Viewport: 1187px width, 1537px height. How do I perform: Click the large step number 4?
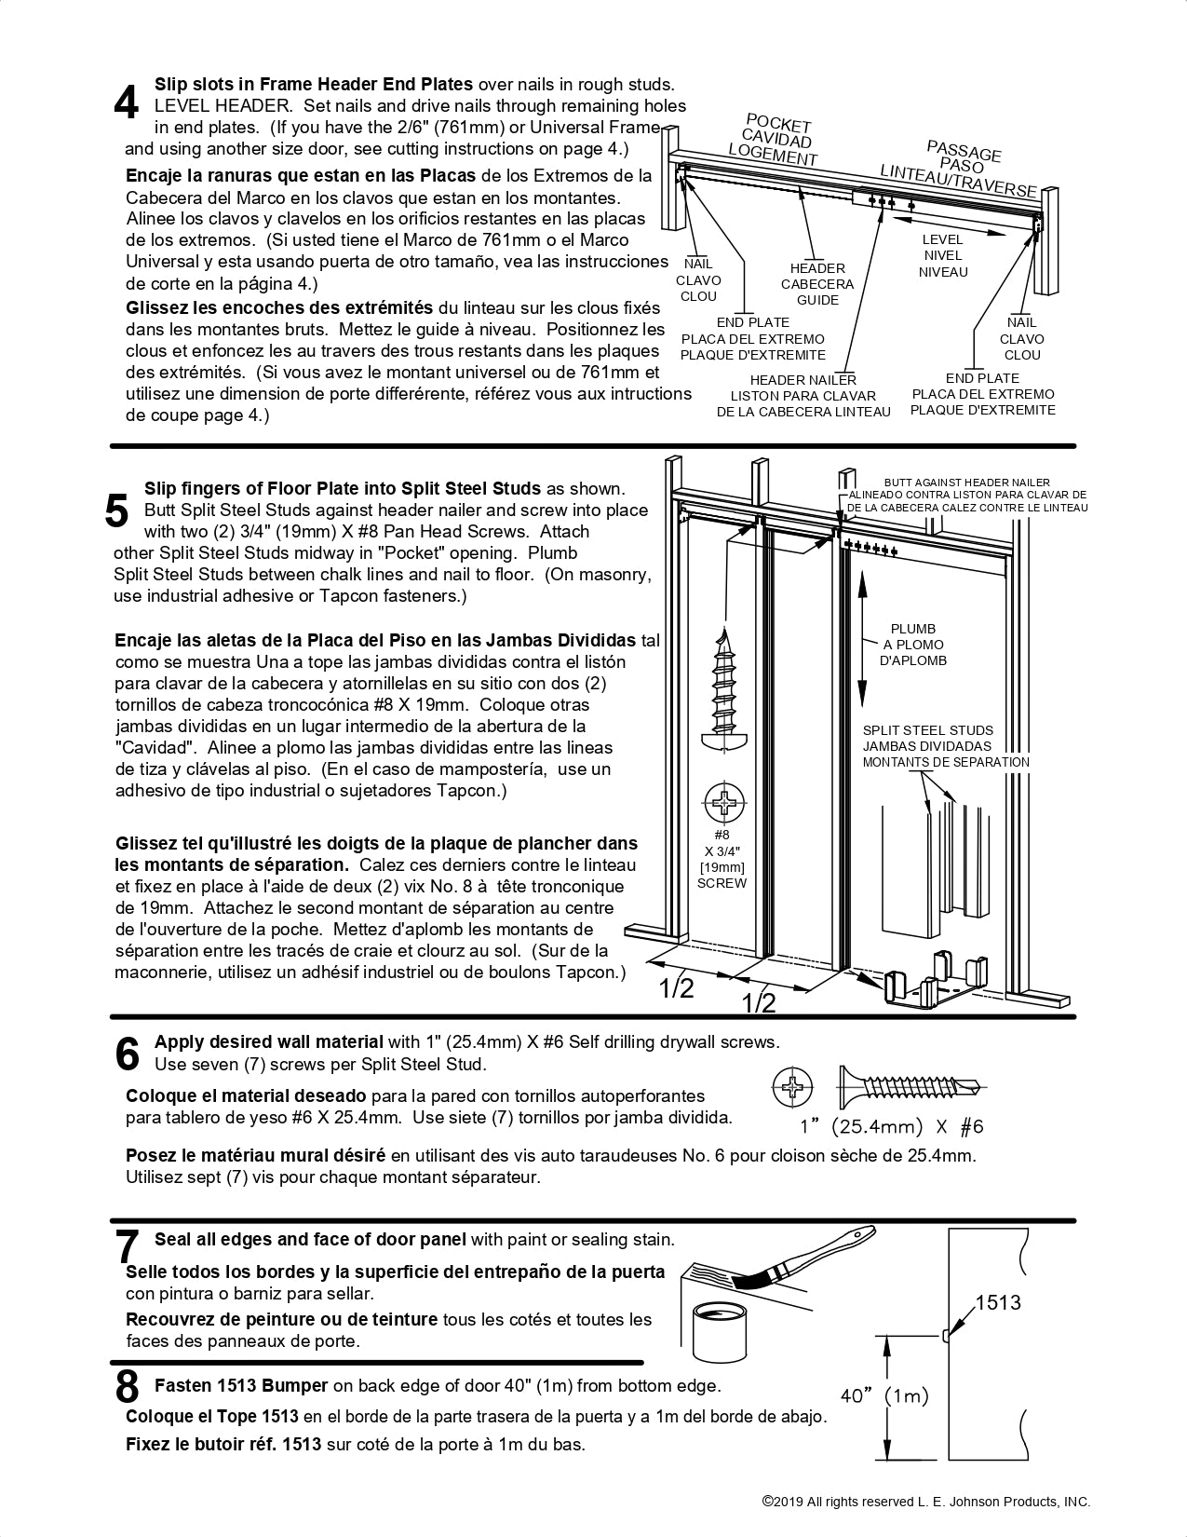(127, 103)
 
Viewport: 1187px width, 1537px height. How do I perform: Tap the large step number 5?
(117, 510)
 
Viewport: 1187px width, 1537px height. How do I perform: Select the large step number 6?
(128, 1054)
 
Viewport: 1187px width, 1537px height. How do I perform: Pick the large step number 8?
(128, 1387)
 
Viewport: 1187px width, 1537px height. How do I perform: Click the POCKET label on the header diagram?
(779, 124)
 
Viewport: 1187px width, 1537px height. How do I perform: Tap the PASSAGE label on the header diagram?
(964, 151)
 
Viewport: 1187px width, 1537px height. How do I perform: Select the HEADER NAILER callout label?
(803, 380)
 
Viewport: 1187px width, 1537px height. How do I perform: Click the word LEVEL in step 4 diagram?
(943, 239)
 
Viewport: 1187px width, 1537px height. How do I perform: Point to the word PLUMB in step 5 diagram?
(912, 629)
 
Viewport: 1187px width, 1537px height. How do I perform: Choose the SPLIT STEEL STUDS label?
(927, 730)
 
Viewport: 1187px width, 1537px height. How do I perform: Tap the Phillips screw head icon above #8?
(723, 803)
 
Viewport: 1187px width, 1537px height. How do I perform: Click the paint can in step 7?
(721, 1334)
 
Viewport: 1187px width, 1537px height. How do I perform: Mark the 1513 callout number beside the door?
(998, 1302)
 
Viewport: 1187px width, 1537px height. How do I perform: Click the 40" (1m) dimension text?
(884, 1395)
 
